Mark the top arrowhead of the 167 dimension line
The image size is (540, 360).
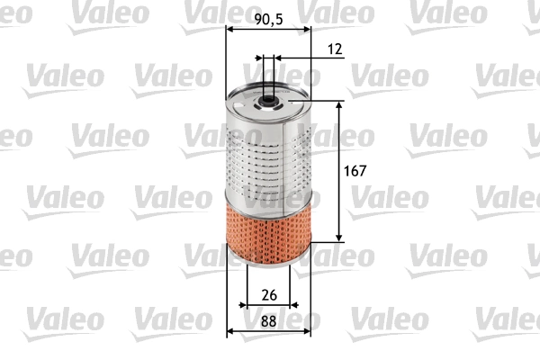(340, 103)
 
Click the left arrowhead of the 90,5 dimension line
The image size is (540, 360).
(229, 28)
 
